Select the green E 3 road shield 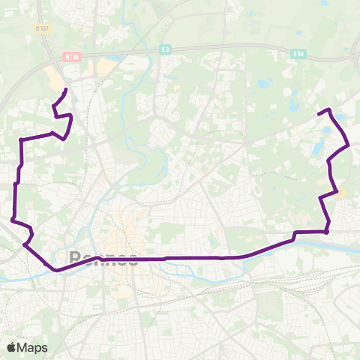(165, 49)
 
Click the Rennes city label (103, 258)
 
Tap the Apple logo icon (11, 347)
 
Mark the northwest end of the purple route (66, 90)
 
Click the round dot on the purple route (327, 231)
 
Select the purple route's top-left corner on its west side (20, 139)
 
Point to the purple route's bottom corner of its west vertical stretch (14, 219)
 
